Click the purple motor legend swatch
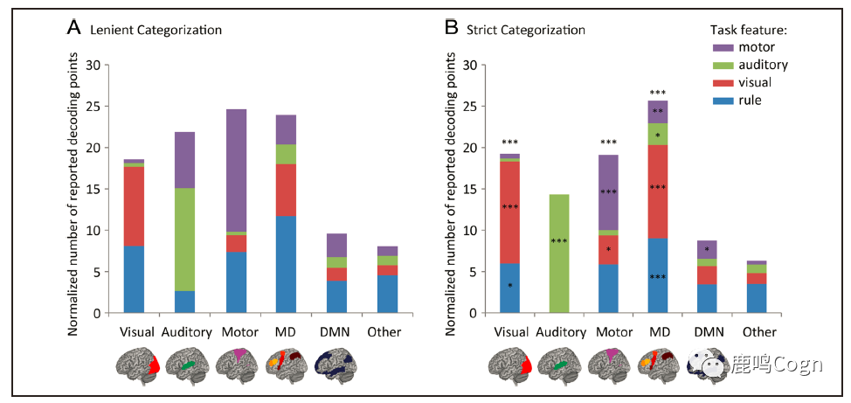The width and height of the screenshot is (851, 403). coord(723,47)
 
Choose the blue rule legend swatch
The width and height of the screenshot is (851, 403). coord(723,100)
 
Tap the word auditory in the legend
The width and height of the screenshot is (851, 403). coord(763,65)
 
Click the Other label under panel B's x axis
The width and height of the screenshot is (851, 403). coord(758,332)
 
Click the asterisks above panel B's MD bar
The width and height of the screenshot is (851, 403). coord(658,93)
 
